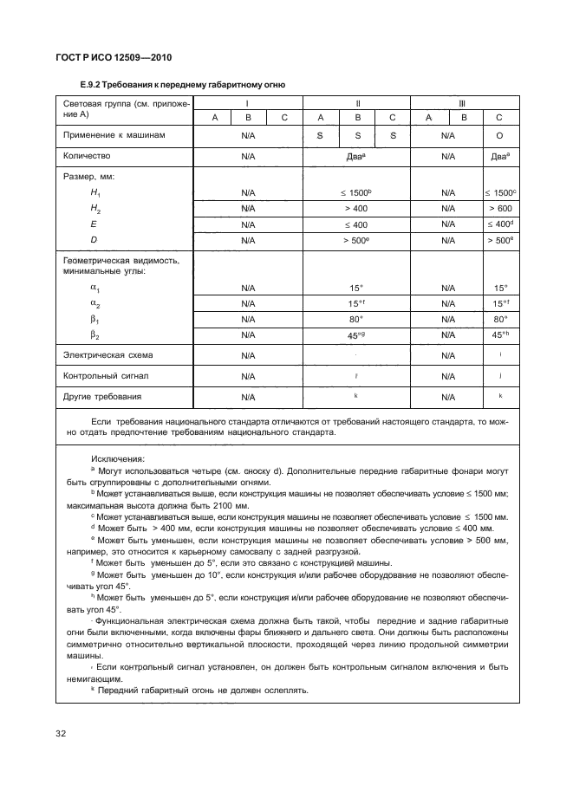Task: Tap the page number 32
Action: [x=62, y=735]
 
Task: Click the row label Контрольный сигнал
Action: [x=100, y=376]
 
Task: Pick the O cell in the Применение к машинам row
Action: [x=499, y=136]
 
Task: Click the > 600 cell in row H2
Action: [x=499, y=209]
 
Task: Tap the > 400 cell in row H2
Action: [x=356, y=209]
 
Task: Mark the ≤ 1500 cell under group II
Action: [x=356, y=191]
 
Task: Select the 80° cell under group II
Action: [x=356, y=319]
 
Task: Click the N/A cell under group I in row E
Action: [x=248, y=224]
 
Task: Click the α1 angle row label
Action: [x=95, y=288]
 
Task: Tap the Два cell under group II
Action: [x=356, y=157]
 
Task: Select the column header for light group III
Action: [x=464, y=102]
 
